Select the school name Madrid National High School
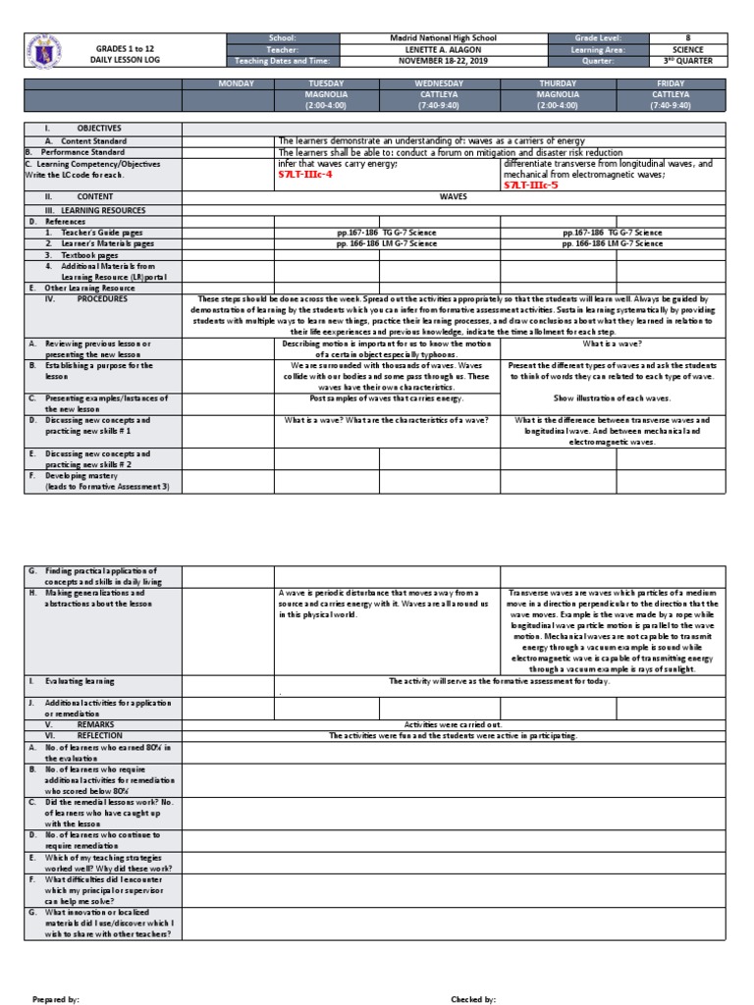tap(443, 38)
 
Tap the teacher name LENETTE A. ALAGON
tap(443, 49)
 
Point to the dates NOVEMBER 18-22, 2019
tap(443, 61)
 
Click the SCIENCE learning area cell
tap(688, 49)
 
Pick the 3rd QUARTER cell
tap(688, 61)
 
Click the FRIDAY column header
tap(671, 83)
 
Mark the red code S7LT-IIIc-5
tap(531, 184)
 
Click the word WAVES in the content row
tap(453, 196)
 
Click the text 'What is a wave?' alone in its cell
tap(613, 344)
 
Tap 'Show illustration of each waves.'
tap(613, 398)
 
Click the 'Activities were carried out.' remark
tap(453, 723)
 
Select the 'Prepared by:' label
tap(55, 998)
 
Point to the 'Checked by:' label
tap(473, 998)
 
